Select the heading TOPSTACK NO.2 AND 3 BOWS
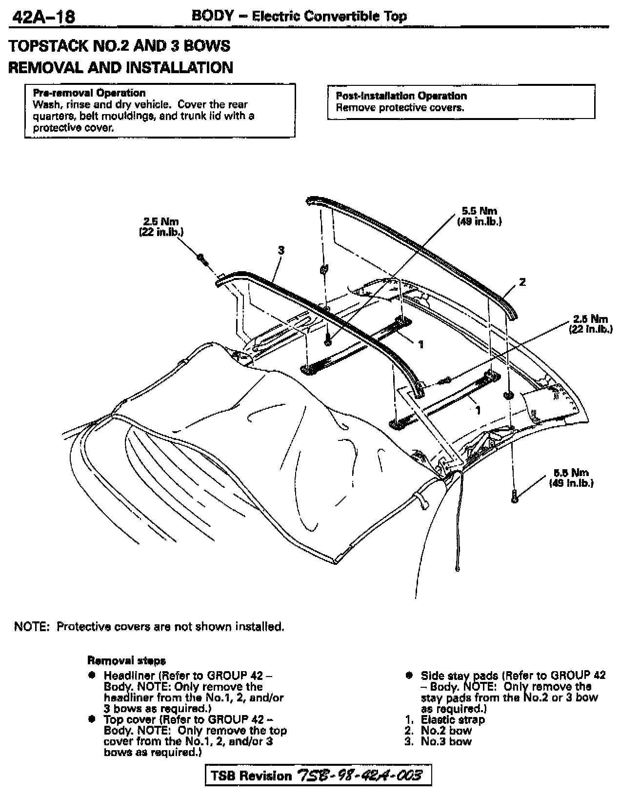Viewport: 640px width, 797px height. [x=120, y=46]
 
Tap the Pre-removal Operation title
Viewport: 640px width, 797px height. [x=89, y=93]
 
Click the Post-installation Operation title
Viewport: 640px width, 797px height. [x=401, y=96]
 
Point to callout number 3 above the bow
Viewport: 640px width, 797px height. [x=280, y=250]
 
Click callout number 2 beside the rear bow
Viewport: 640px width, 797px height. [x=522, y=282]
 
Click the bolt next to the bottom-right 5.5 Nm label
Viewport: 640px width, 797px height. [x=514, y=497]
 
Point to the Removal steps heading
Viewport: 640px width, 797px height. [x=126, y=660]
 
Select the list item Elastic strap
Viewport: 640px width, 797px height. [x=453, y=719]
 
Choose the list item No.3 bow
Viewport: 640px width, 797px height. [x=446, y=741]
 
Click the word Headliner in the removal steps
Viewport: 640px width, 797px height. [x=128, y=676]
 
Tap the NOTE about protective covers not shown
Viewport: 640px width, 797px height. [x=149, y=626]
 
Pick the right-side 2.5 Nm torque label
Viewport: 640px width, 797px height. [x=590, y=323]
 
